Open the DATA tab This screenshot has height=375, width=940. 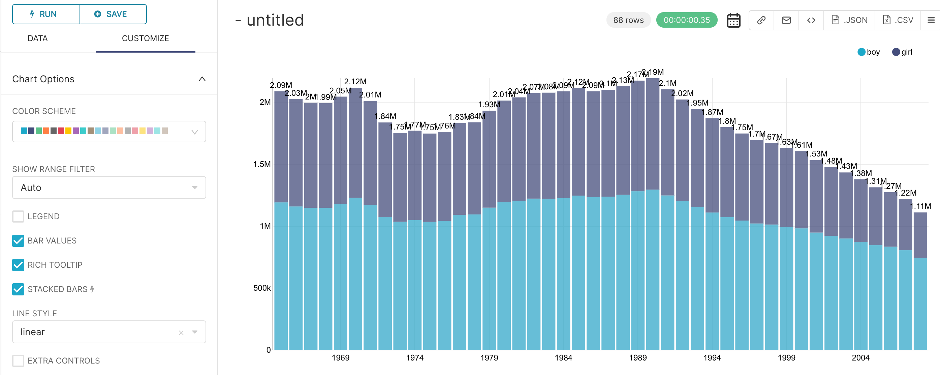pos(38,38)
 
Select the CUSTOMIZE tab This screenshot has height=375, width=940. pos(145,38)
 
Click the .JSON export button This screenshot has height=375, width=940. pos(849,20)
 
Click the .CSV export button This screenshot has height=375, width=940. pos(898,20)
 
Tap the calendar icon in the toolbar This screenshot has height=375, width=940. pos(733,21)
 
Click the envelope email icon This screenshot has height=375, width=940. pos(786,20)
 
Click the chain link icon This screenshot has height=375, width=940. pos(761,20)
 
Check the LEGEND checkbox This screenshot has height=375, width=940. pos(18,216)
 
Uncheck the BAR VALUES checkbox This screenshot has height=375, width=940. pos(18,241)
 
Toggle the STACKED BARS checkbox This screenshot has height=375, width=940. pos(18,289)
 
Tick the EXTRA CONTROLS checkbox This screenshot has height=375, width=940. pos(18,360)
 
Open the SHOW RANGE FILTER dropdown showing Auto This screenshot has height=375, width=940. pos(109,188)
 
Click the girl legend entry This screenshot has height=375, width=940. pos(902,52)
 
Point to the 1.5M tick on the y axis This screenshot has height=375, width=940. pos(262,164)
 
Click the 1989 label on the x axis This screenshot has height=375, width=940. pos(637,358)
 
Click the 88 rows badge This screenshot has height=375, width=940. pos(628,20)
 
